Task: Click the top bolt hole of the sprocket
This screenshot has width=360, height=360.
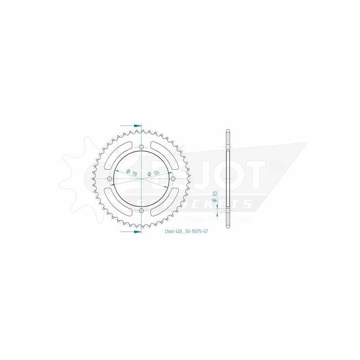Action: point(141,147)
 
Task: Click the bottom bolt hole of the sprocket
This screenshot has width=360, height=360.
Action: point(141,211)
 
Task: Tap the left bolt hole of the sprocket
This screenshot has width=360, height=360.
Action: point(109,178)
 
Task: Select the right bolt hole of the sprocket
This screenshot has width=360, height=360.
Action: point(173,178)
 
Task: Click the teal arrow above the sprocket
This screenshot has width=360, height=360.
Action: point(131,124)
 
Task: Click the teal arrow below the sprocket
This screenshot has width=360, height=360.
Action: point(131,232)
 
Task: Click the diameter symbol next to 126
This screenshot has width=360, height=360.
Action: point(149,175)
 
